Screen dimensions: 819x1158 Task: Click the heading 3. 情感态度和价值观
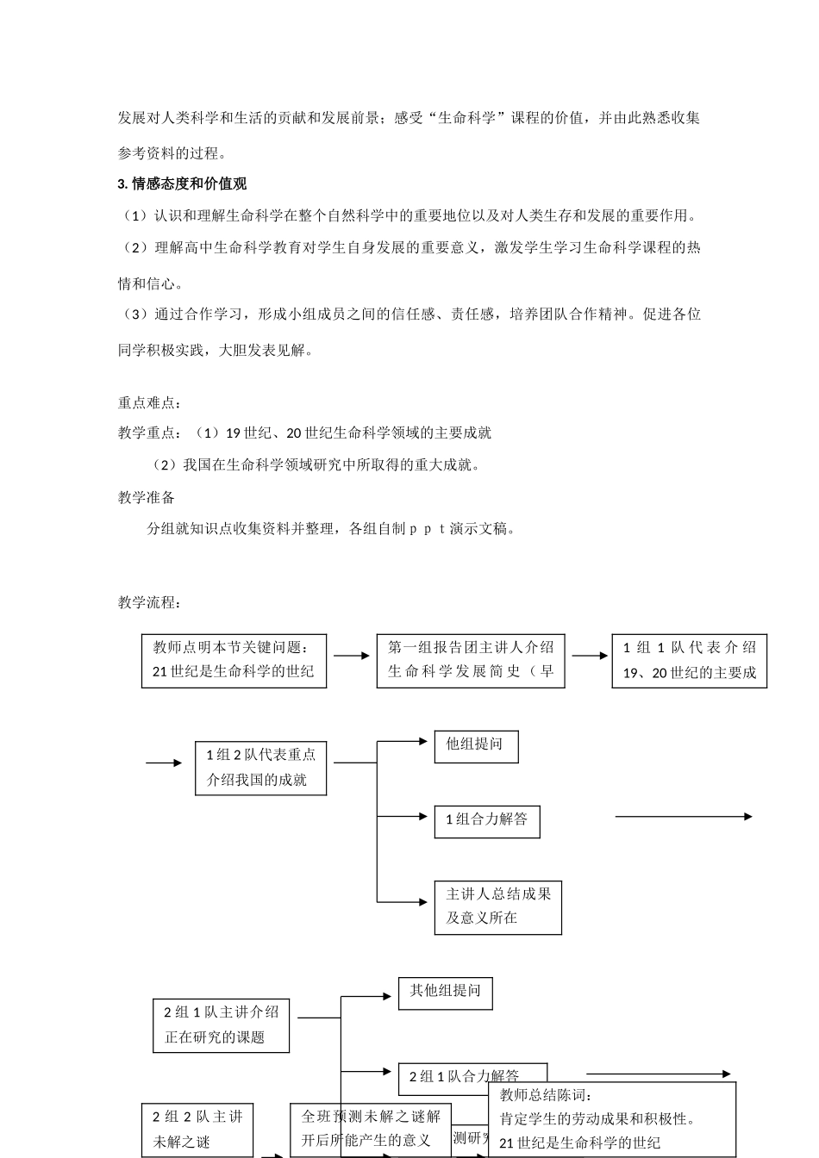[x=182, y=184]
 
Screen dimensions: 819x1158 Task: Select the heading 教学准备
[x=147, y=497]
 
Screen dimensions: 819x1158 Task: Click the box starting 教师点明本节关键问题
[x=234, y=660]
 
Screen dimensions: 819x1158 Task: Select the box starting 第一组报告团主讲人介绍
[x=471, y=660]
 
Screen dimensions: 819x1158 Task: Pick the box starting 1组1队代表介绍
[x=689, y=660]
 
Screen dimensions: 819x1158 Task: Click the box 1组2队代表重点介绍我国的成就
[x=260, y=768]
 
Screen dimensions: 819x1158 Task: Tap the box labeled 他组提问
[x=476, y=746]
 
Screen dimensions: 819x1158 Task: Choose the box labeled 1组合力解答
[x=486, y=820]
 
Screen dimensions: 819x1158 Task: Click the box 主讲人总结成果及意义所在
[x=497, y=906]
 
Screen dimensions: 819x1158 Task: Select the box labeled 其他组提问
[x=445, y=993]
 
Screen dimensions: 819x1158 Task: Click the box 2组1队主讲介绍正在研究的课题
[x=221, y=1024]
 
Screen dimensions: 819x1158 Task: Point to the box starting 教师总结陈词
[x=612, y=1119]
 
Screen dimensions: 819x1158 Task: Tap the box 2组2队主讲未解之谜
[x=197, y=1130]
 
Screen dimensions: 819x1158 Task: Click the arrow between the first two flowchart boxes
[x=352, y=657]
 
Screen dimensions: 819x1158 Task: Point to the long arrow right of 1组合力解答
[x=683, y=817]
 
